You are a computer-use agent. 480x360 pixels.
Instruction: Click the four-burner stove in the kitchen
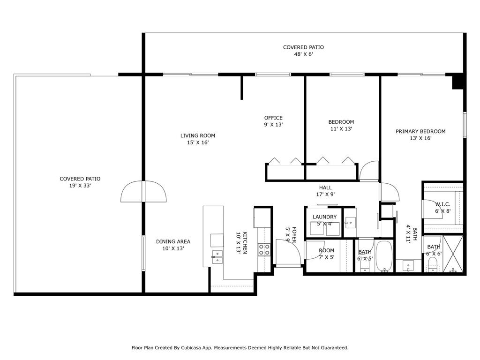click(264, 249)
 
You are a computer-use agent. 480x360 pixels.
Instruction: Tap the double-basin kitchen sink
click(217, 257)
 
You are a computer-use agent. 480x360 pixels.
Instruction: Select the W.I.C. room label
click(442, 204)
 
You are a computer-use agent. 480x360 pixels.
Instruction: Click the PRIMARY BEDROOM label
click(420, 132)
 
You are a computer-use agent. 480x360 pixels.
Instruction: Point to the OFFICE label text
click(273, 118)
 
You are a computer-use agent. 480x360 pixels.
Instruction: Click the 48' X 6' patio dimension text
click(303, 54)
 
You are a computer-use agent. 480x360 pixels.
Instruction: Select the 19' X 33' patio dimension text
click(80, 186)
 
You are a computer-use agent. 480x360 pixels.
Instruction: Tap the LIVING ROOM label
click(198, 136)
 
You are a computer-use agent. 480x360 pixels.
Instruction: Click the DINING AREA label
click(173, 242)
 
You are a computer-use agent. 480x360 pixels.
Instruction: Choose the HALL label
click(326, 187)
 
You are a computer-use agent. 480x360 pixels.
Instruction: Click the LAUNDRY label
click(324, 217)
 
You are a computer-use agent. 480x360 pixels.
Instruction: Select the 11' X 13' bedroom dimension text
click(341, 129)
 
